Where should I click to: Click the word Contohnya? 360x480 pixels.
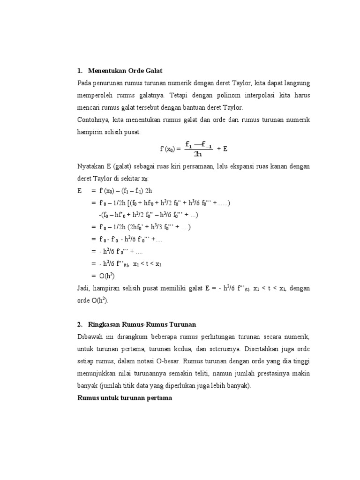coord(93,120)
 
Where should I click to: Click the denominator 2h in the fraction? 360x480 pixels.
coord(198,154)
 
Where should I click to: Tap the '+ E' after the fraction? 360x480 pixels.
coord(223,149)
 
